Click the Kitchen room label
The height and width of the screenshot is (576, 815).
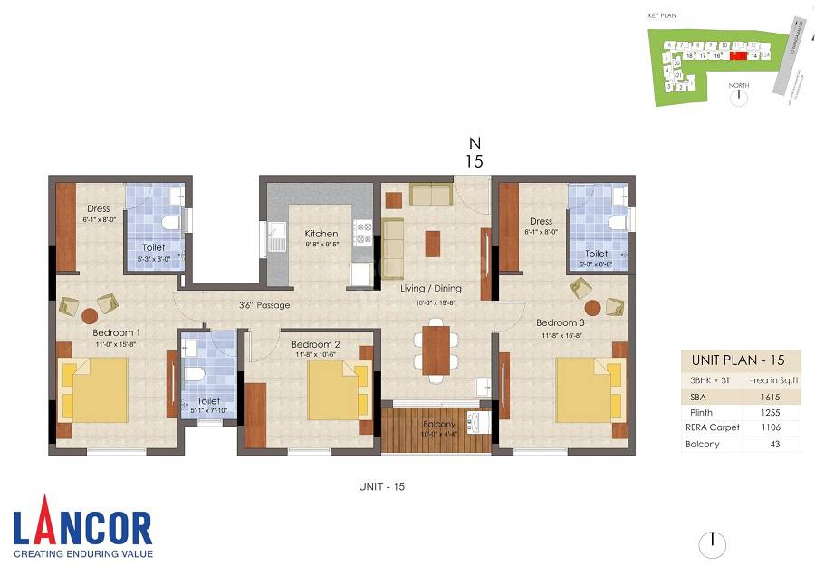pos(321,234)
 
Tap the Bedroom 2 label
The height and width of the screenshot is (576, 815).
pos(316,344)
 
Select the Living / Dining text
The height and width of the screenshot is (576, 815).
pos(431,289)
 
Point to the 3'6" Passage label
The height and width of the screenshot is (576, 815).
pos(264,305)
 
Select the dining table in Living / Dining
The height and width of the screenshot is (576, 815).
pos(436,349)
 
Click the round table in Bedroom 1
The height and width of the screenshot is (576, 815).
pos(90,316)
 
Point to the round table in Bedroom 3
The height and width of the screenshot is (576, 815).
pos(593,307)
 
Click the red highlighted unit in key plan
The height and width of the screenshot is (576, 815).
pos(738,54)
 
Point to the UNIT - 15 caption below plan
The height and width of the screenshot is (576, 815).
pos(381,487)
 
